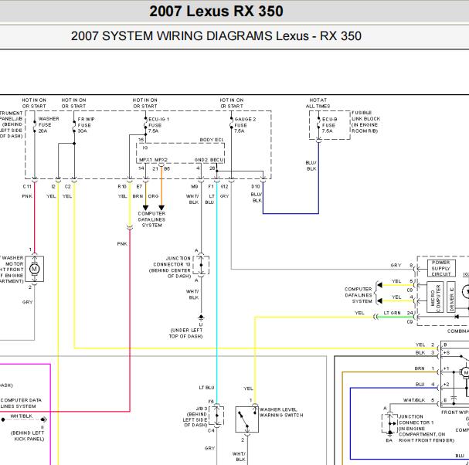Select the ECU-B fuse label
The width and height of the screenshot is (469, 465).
coord(329,126)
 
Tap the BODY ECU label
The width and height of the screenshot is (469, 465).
coord(210,139)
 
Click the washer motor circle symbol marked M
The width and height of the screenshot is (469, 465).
coord(34,267)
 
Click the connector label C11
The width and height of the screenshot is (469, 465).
coord(27,187)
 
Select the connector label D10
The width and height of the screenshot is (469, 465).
coord(256,187)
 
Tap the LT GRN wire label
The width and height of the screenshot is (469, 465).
coord(392,313)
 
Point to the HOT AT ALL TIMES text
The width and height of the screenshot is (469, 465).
coord(318,103)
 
